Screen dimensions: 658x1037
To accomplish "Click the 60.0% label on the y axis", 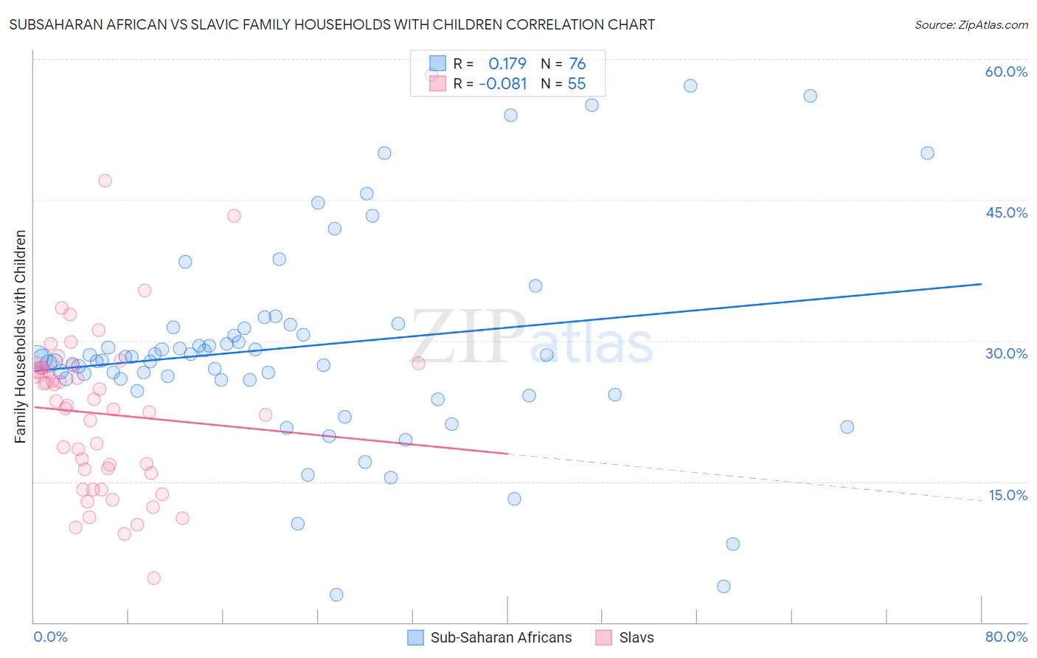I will (x=1006, y=72).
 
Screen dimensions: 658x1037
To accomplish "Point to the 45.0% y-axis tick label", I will (x=1006, y=212).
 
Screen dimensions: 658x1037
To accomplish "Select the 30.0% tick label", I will (x=1006, y=353).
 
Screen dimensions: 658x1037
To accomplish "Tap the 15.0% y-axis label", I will (x=1007, y=495).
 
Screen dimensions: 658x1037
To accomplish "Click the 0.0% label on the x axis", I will (x=50, y=637).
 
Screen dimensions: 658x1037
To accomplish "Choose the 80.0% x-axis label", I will (x=1006, y=637).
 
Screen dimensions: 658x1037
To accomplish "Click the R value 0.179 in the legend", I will (x=507, y=63).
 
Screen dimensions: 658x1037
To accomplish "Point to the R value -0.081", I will (x=503, y=84).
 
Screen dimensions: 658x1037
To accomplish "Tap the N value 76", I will (x=578, y=63).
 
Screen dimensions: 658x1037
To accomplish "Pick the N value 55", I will (x=577, y=84).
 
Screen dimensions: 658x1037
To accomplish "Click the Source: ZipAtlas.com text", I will (x=971, y=24).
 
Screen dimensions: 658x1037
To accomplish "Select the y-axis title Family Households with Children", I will (x=20, y=336).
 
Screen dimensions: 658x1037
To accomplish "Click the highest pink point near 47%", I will (x=105, y=181).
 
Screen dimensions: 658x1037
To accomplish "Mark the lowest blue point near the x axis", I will (x=336, y=595).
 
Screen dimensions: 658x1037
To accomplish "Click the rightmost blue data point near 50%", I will (x=927, y=153).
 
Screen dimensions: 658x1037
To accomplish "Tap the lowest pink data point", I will (x=153, y=578).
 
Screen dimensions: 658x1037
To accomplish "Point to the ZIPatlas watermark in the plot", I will (x=532, y=339).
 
